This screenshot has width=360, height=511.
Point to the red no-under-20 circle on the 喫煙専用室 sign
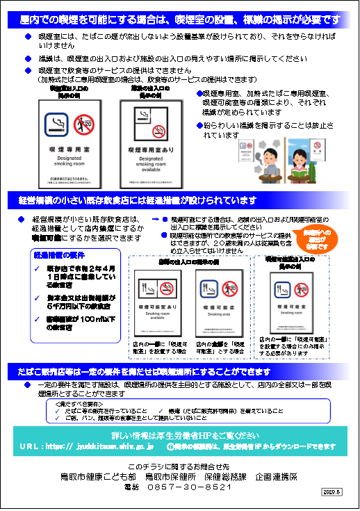[83, 125]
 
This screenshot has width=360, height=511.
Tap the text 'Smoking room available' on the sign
[158, 316]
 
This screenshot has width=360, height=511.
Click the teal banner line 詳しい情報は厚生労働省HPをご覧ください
[179, 435]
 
